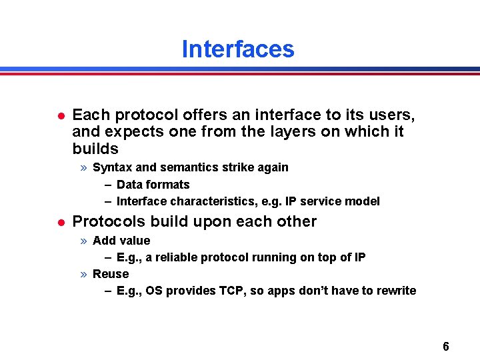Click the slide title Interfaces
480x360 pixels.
point(237,49)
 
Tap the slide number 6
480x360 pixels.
point(445,346)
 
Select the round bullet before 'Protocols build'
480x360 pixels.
point(61,222)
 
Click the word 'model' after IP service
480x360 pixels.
point(364,201)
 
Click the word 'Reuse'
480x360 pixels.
point(111,274)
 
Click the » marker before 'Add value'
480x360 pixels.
point(84,241)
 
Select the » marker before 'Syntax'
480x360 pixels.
point(84,167)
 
